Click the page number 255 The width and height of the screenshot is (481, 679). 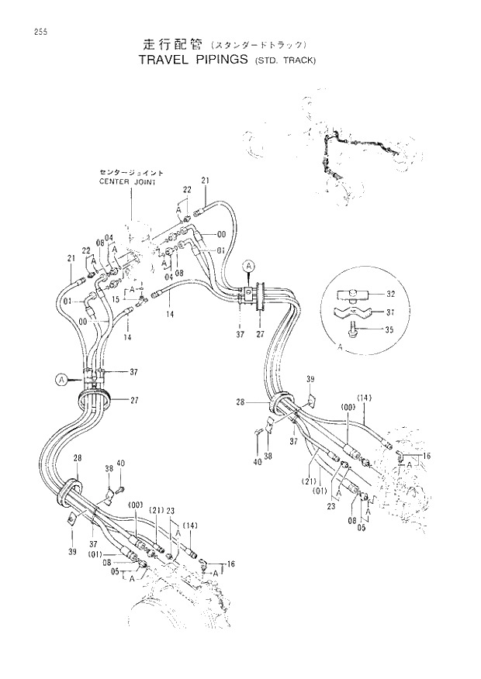30,32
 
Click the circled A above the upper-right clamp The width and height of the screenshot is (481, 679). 249,266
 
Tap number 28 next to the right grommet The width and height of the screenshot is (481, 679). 240,402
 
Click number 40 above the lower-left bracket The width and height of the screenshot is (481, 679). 120,464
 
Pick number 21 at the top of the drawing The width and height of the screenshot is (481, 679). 206,181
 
